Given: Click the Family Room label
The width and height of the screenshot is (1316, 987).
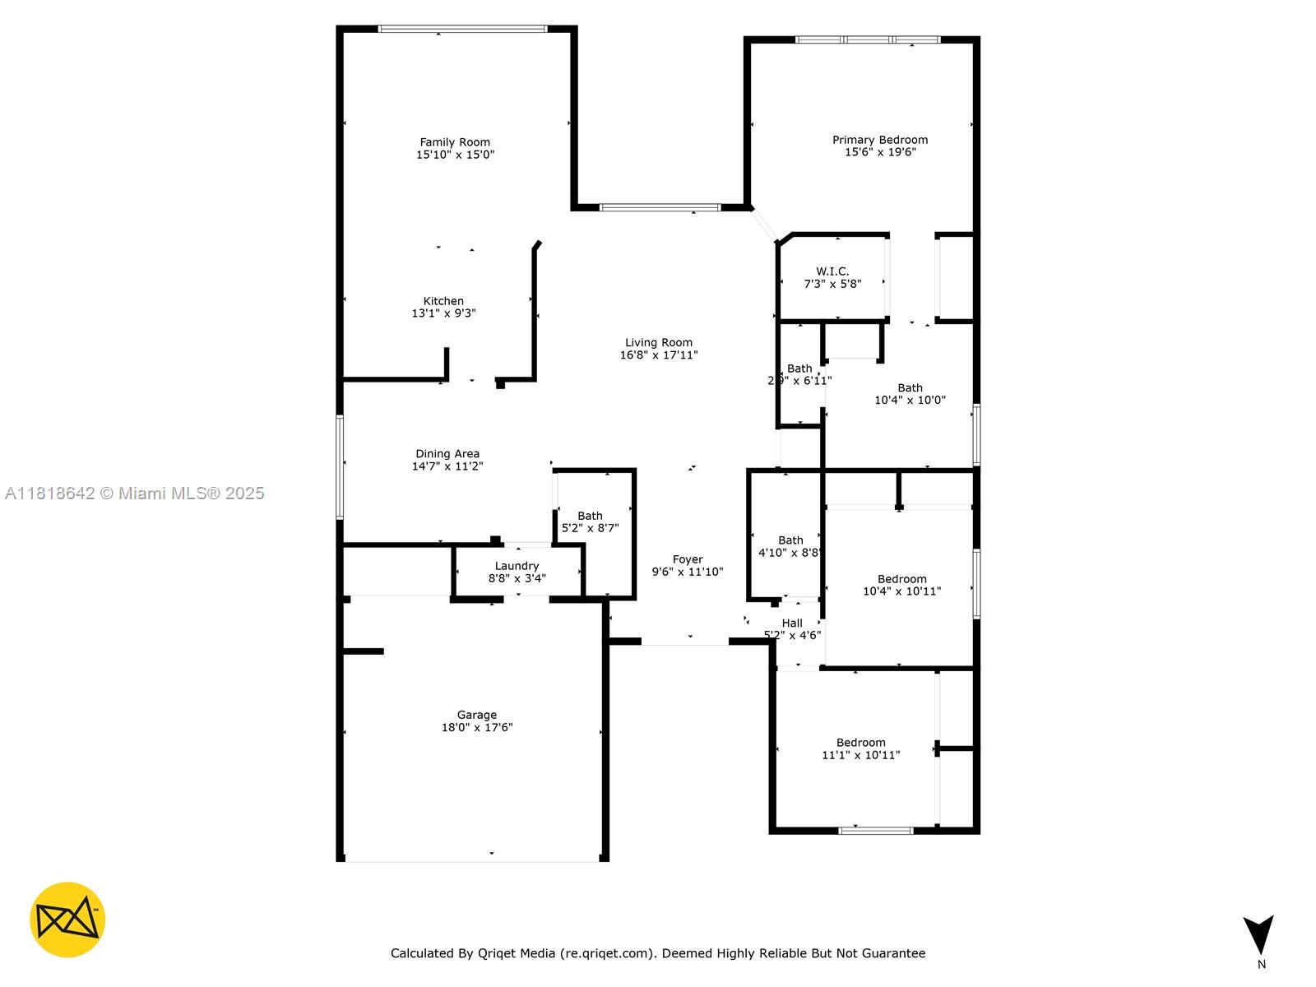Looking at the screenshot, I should pos(455,142).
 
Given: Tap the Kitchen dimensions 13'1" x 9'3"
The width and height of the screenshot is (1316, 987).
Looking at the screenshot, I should pos(443,313).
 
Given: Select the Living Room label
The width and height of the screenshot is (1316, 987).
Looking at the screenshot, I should pos(658,343).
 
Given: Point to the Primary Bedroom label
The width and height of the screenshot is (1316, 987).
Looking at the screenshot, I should pos(879,140).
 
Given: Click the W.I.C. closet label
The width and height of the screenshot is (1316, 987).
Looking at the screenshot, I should pos(832,271).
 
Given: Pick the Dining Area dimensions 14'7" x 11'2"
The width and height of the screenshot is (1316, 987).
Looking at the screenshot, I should pos(447,466).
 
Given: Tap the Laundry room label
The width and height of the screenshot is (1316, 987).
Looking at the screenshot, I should pos(517,566).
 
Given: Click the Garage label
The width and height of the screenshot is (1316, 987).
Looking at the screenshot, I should pos(477,715).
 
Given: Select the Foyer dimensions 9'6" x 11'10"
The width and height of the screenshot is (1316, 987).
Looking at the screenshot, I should pos(688,572).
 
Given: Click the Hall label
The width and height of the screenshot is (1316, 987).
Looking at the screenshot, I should pos(792,623).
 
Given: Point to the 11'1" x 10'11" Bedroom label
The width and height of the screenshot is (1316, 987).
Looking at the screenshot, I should pos(860,743).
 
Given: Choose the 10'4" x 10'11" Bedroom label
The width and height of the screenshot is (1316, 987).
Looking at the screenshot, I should pos(901,579).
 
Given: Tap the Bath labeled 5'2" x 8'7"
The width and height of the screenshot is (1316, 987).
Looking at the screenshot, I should pos(590,516).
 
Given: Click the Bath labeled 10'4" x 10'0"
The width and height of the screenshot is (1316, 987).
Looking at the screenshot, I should pos(910,388).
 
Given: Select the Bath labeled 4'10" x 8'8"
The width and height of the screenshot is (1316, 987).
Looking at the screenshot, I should pos(790,540).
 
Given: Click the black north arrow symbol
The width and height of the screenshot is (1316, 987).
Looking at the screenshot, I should pos(1258,934).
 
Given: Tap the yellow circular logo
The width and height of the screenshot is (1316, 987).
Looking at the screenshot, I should pos(67,920).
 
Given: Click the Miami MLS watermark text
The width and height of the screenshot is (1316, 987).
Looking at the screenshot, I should pos(134,493).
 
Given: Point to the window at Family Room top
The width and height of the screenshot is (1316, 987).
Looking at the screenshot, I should pos(462,29).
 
